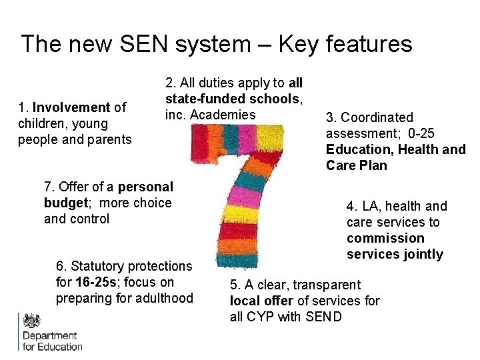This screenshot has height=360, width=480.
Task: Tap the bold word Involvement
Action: click(71, 107)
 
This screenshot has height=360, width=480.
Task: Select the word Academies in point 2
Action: click(222, 115)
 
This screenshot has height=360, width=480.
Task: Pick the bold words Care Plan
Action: click(356, 165)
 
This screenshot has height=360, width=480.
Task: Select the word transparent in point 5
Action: click(327, 285)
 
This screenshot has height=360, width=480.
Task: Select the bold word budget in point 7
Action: click(65, 203)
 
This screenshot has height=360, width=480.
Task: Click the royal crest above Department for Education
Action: click(31, 320)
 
